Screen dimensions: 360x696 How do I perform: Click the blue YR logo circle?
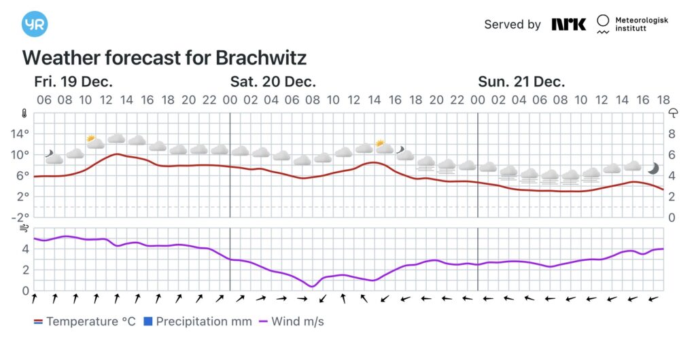coord(35,24)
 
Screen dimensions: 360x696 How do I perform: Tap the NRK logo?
coord(568,24)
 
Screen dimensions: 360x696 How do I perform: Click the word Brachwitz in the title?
coord(261,57)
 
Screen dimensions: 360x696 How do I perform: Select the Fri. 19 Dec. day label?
coord(73,82)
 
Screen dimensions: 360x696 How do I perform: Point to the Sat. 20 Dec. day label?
coord(273,82)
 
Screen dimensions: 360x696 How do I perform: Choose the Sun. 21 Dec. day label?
coord(521,82)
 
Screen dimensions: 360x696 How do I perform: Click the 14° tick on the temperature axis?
coord(20,134)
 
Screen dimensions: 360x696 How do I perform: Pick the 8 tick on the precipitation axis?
coord(672,134)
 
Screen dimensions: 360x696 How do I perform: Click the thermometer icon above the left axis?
coord(24,113)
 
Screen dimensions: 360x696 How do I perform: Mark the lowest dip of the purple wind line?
coord(312,287)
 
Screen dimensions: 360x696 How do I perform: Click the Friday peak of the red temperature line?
coord(117,154)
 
